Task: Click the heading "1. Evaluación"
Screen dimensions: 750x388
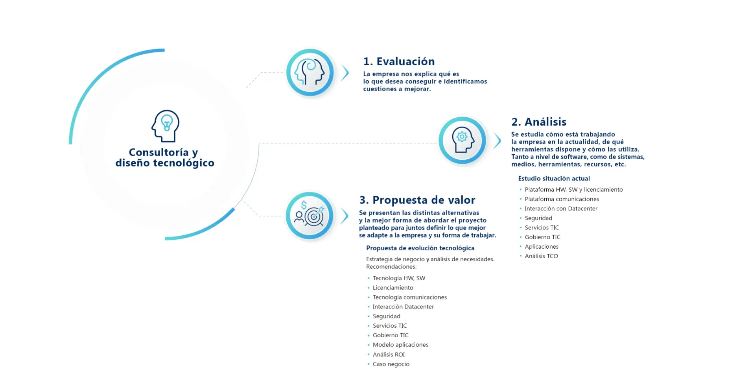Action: pos(399,61)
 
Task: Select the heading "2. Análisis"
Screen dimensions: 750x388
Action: pos(539,122)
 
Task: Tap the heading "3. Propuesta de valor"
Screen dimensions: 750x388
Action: pos(417,200)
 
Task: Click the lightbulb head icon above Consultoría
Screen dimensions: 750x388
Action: pos(166,126)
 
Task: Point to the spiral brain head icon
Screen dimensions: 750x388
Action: pos(310,72)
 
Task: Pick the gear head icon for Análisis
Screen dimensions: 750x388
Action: pos(463,140)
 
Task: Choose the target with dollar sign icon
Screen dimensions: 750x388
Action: pos(310,215)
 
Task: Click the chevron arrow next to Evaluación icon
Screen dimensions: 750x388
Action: pos(345,73)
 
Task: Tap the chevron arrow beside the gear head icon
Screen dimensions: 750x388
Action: pos(498,140)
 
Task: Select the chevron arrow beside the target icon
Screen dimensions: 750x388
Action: pos(345,216)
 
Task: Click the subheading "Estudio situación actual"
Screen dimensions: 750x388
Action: pos(554,178)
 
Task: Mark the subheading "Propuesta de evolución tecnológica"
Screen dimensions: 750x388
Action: pos(420,248)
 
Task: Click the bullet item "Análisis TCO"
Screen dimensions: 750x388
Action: pos(541,256)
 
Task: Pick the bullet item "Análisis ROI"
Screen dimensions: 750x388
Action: pos(389,354)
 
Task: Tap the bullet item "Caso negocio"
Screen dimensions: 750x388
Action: pos(391,364)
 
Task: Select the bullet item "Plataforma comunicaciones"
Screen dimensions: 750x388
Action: pos(562,199)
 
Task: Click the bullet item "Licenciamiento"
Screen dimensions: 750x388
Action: pos(393,288)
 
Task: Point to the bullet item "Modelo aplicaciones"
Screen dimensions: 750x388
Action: pos(400,345)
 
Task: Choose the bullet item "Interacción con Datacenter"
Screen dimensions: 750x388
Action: pos(561,209)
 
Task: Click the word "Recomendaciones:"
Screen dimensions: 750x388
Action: pos(391,267)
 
